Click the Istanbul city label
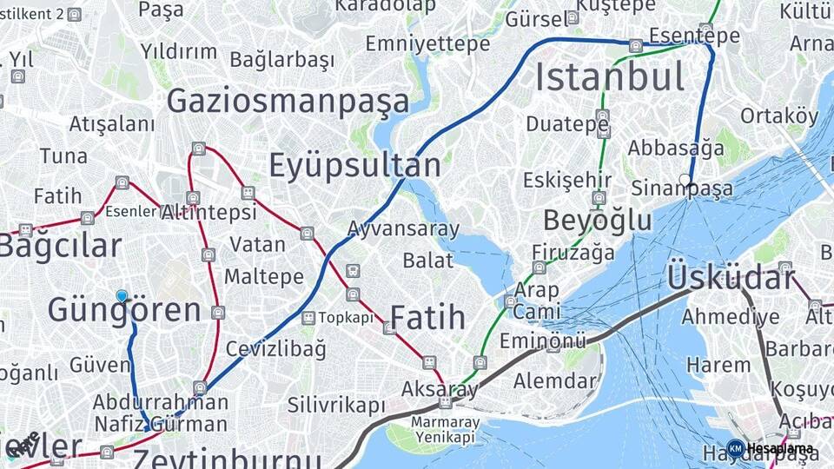pos(609,76)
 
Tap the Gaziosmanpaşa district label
pos(288,101)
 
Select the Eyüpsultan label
pos(354,165)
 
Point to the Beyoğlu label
pos(598,221)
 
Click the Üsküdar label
pos(731,278)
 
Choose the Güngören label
pos(124,310)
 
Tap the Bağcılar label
pos(59,246)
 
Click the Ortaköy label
pos(779,116)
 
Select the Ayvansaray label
pos(403,229)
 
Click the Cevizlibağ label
pos(276,349)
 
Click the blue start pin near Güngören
pos(122,296)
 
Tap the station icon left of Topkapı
pos(308,318)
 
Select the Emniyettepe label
pos(427,43)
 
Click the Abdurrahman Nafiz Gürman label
pos(161,413)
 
